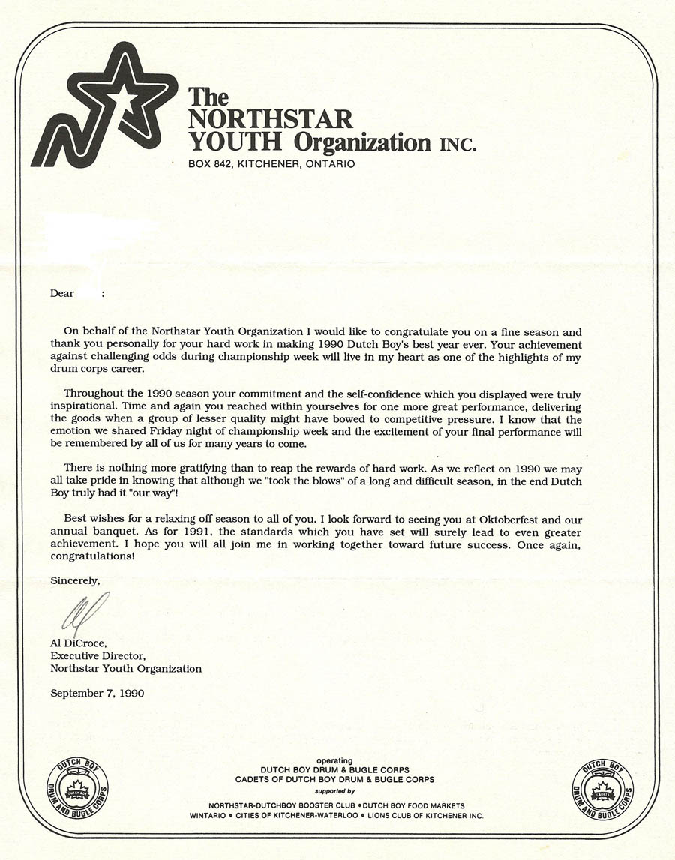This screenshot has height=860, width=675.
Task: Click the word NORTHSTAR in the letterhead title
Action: point(270,119)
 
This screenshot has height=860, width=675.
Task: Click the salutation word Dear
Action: point(62,293)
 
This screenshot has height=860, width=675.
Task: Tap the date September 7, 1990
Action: point(97,693)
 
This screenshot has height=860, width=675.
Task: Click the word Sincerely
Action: point(74,580)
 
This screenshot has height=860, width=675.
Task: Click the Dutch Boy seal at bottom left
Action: point(77,789)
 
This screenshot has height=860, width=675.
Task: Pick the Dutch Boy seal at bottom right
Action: point(602,789)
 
